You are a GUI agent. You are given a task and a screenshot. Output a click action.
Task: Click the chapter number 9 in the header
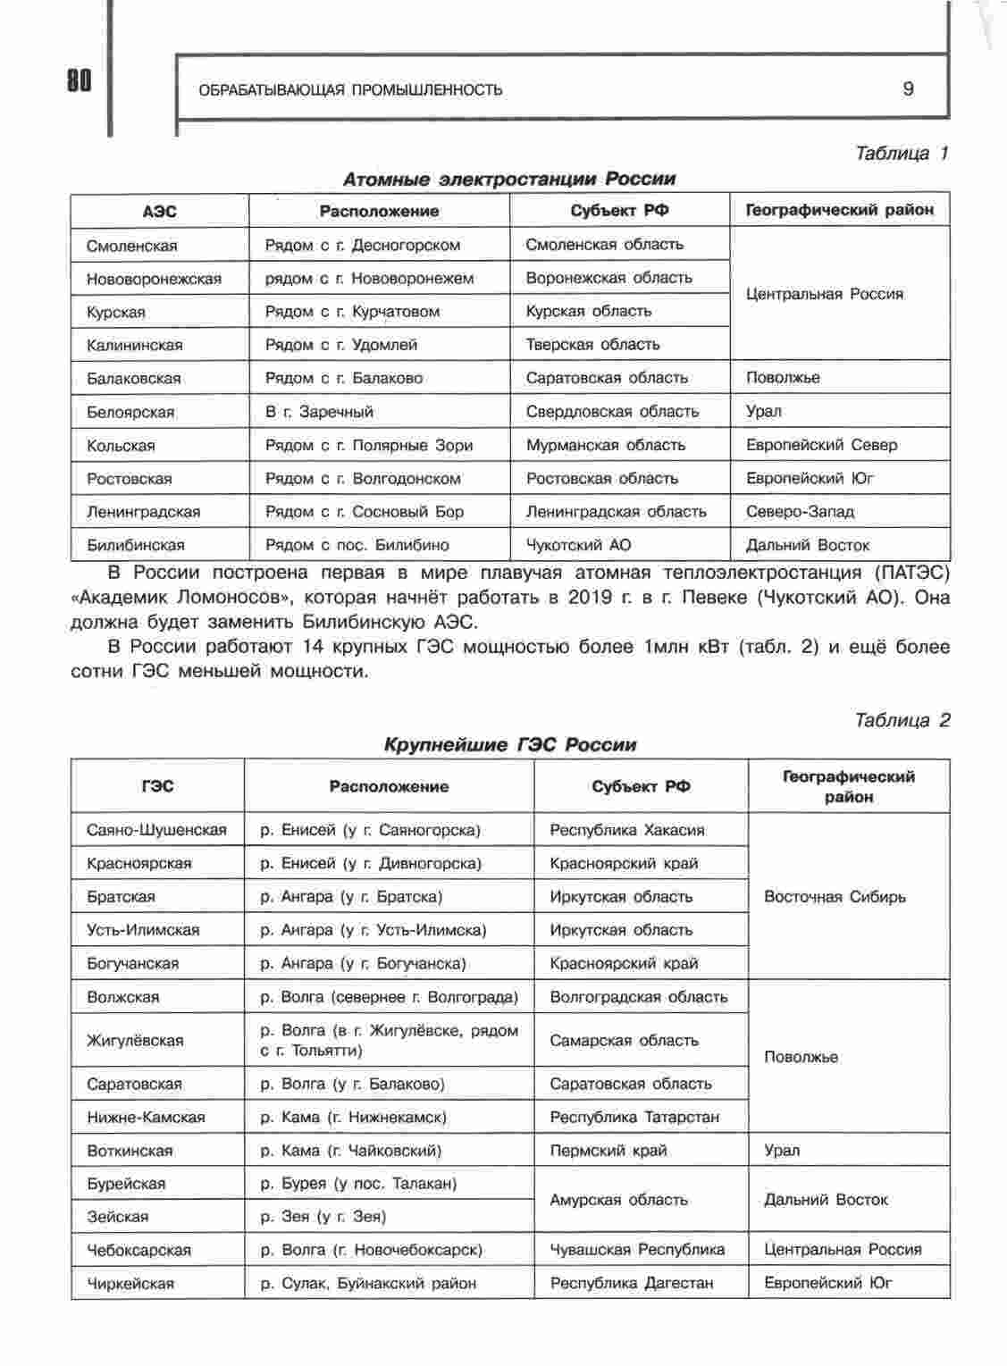coord(909,88)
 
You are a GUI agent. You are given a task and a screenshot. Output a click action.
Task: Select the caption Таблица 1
coord(901,153)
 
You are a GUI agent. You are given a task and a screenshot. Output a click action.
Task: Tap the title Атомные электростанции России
coord(509,179)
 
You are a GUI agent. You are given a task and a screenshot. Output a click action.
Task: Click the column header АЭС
coord(159,211)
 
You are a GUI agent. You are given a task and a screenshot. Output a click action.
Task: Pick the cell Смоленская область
coord(604,244)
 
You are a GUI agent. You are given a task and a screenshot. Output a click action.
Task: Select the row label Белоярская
coord(130,412)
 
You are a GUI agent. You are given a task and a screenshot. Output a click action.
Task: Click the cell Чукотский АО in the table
coord(578,545)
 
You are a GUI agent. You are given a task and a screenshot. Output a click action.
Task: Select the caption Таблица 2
coord(902,720)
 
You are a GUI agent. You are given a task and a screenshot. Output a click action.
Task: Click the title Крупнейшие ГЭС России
coord(510,744)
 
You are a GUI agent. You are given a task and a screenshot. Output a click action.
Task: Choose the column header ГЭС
coord(157,786)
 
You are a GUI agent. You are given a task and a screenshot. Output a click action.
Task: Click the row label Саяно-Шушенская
coord(156,830)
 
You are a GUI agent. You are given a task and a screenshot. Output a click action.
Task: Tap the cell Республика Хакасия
coord(627,830)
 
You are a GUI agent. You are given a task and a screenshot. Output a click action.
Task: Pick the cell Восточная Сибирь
coord(835,896)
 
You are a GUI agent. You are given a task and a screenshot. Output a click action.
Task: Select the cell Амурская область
coord(618,1200)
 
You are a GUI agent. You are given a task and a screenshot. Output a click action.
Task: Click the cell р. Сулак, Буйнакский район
coord(368,1283)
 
